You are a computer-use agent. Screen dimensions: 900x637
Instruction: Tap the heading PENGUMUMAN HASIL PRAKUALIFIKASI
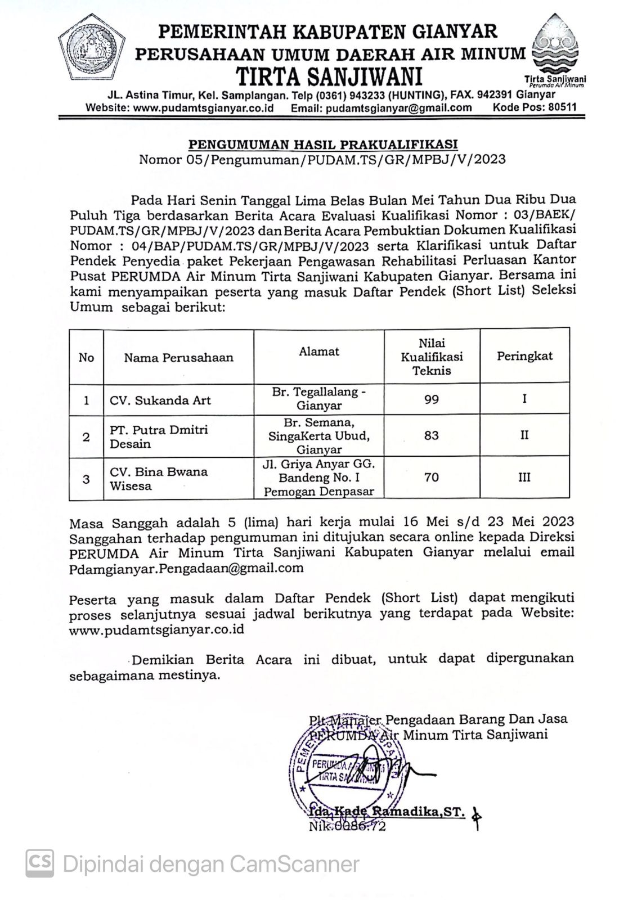(322, 144)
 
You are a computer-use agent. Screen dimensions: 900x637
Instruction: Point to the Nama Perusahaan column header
(178, 358)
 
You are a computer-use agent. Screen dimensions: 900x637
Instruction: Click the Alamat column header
(318, 352)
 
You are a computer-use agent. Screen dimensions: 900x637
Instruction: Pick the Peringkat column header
(524, 356)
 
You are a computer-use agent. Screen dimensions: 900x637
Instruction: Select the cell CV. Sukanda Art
(160, 400)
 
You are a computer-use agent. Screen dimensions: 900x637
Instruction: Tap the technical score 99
(431, 399)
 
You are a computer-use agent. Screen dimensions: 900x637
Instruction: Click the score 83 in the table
(431, 435)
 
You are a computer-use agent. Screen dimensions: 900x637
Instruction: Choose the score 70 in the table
(431, 478)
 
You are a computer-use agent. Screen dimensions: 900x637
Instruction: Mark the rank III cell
(524, 478)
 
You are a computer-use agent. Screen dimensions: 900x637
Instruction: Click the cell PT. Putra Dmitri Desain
(158, 436)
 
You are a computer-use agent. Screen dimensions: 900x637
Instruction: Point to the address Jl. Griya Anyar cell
(318, 478)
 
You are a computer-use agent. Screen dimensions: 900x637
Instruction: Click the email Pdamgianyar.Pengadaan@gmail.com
(186, 568)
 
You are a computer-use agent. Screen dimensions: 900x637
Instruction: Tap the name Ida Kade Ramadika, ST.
(387, 812)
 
